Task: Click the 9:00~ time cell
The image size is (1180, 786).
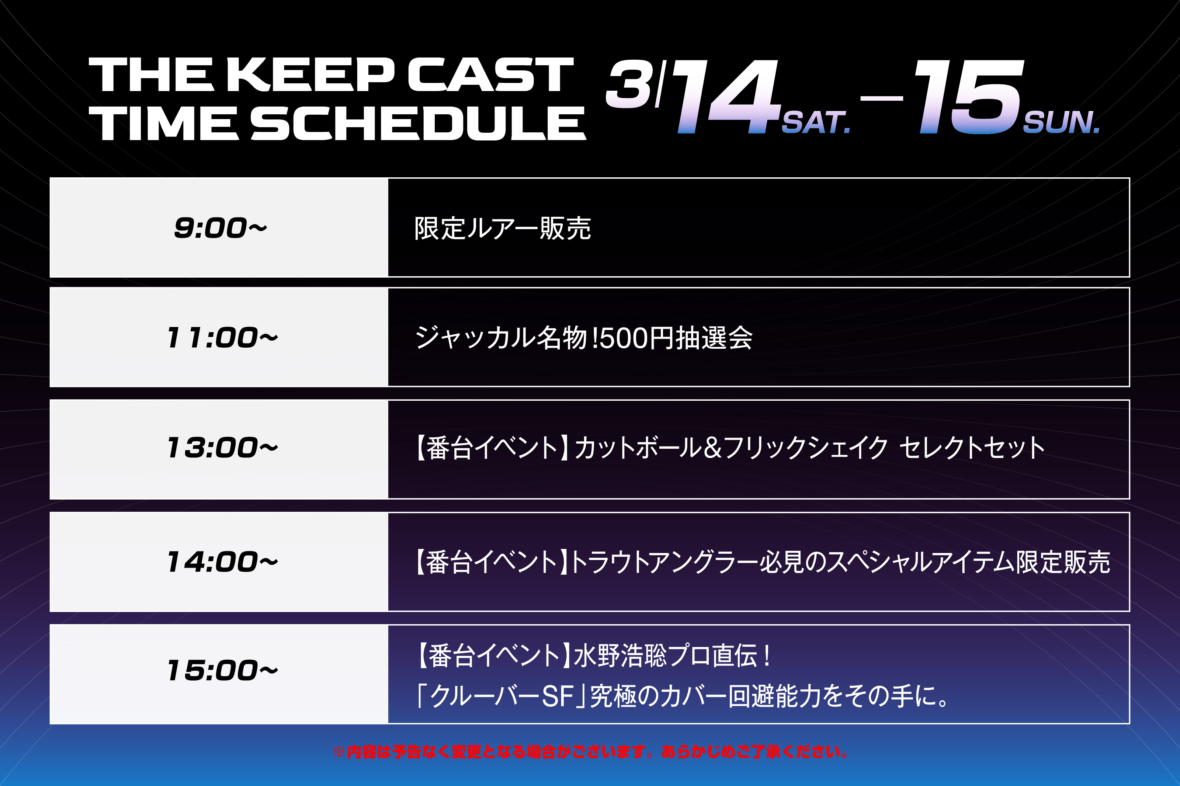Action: (x=219, y=228)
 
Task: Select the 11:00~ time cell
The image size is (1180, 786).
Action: (x=219, y=337)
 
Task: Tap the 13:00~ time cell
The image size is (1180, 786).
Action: (x=219, y=448)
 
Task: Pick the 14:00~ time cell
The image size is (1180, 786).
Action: (x=219, y=561)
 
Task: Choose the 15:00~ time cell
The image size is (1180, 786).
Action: (x=219, y=671)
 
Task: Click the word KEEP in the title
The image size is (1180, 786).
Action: (x=311, y=75)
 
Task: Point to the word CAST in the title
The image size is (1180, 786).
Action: (x=490, y=75)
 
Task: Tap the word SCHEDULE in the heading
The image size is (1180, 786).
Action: (x=417, y=124)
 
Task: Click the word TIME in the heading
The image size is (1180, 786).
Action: (x=163, y=124)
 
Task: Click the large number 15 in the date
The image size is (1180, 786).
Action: (x=968, y=96)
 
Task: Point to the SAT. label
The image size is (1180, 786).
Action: (x=816, y=123)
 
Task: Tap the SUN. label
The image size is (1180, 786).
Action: (x=1061, y=123)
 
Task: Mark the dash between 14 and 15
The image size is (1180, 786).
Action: (x=882, y=98)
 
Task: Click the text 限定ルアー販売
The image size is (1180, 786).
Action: (x=502, y=229)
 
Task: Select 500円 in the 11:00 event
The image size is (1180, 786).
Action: (x=636, y=338)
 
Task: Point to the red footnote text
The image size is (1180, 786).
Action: (x=590, y=752)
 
